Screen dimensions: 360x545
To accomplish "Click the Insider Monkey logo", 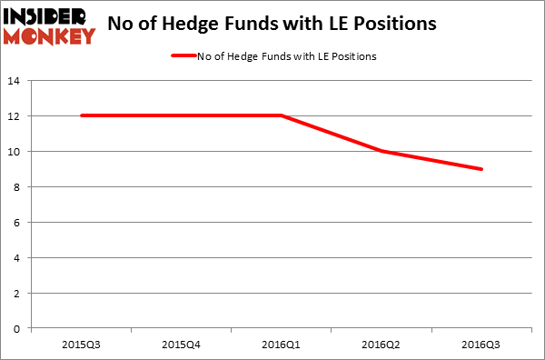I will (49, 25).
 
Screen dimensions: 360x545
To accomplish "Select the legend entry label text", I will (286, 56).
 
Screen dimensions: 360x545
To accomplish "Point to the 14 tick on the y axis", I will (15, 81).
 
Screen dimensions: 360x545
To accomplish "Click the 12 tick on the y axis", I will (15, 116).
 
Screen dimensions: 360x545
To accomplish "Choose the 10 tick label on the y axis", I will (15, 152).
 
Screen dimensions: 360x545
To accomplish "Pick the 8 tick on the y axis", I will (18, 187).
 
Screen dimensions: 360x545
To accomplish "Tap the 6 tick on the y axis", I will (18, 223).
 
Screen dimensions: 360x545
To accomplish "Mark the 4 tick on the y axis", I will (18, 258).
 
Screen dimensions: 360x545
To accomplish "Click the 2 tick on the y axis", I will (18, 294).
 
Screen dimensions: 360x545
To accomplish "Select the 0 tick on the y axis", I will (18, 329).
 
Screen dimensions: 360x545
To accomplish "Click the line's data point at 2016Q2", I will (381, 151).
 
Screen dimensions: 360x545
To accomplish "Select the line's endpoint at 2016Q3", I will (481, 169).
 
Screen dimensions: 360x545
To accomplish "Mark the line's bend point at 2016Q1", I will (281, 115).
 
